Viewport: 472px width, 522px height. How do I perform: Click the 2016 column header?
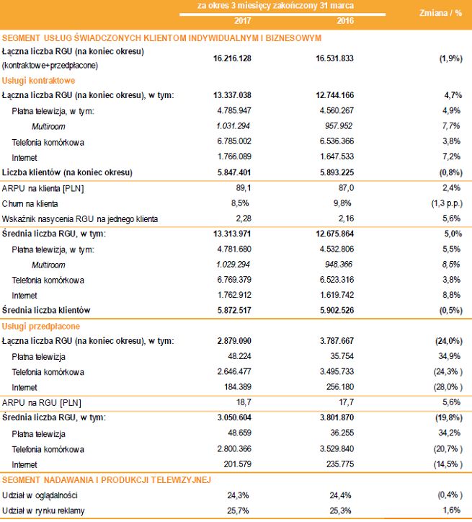(x=337, y=19)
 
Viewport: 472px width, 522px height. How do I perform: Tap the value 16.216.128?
(x=232, y=58)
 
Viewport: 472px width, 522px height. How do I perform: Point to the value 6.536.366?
(x=335, y=141)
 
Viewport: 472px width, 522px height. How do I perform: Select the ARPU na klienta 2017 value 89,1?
(x=241, y=188)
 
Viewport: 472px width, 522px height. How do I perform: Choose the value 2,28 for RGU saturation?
(x=241, y=218)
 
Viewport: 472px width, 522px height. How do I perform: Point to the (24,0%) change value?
(x=445, y=340)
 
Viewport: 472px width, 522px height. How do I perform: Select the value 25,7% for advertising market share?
(x=239, y=511)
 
